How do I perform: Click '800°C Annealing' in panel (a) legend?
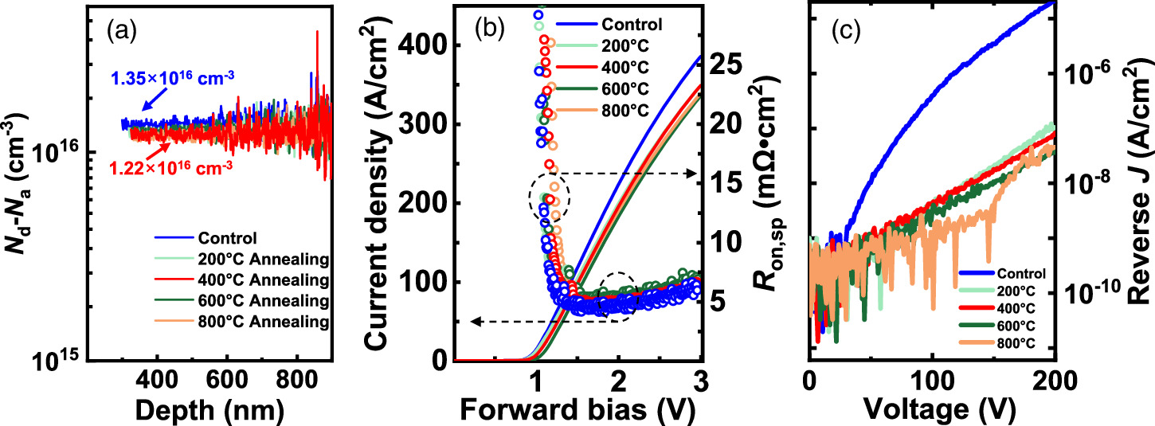[276, 322]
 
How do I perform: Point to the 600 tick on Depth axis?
[227, 377]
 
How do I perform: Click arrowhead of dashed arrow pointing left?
[473, 322]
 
